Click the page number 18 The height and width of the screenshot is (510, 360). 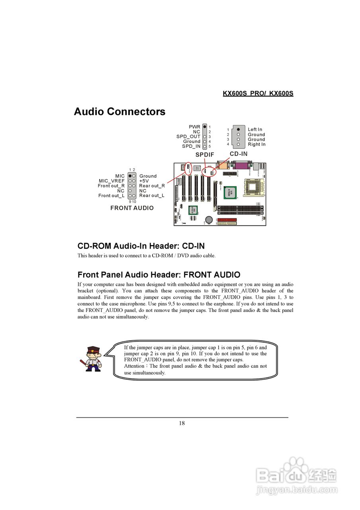click(182, 423)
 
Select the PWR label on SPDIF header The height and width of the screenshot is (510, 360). click(195, 127)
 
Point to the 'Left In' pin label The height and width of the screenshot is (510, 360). click(255, 129)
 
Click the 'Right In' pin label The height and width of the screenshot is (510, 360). click(256, 144)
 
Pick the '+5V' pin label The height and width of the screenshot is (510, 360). click(144, 181)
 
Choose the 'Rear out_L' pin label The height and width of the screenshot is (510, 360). click(152, 196)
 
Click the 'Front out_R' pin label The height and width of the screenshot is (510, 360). click(111, 186)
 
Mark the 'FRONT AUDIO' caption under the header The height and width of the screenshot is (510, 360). click(132, 208)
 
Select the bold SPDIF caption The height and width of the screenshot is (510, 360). click(205, 154)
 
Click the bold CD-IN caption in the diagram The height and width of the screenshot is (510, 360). click(239, 154)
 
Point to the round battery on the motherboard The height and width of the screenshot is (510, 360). click(209, 219)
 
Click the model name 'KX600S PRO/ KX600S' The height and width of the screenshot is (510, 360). click(258, 94)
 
